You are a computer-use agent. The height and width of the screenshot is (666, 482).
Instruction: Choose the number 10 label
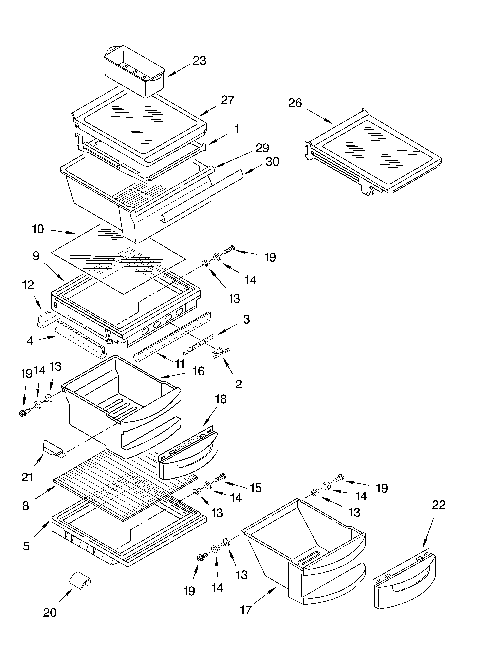38,229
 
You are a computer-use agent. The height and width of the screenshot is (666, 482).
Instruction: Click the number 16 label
198,371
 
